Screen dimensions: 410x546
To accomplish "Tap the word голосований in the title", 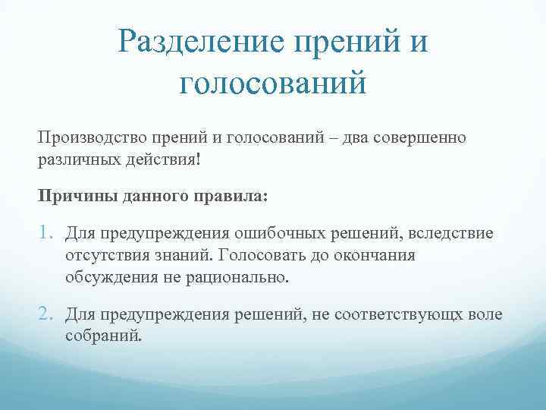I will click(x=273, y=83).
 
